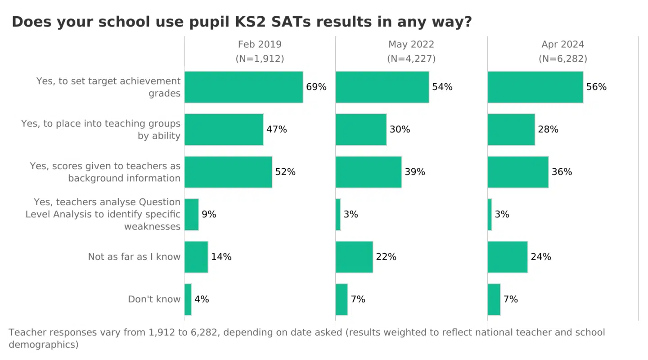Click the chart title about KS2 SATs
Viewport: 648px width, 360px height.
[242, 22]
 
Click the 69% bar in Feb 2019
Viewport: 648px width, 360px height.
[243, 87]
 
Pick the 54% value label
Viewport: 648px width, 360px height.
[442, 87]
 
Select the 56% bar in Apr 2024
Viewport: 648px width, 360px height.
[535, 87]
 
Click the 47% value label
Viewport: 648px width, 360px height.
[276, 130]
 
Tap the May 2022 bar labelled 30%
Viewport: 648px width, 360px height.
[361, 130]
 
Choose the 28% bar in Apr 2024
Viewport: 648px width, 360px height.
[511, 130]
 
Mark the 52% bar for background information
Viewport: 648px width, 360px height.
[228, 172]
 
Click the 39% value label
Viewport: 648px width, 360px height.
[415, 172]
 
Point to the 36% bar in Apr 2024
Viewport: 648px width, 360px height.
[518, 172]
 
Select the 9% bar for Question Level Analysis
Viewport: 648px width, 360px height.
[192, 214]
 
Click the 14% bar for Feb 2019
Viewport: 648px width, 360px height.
[196, 257]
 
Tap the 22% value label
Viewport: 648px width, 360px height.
[386, 257]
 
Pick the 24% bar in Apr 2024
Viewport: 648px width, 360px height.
[508, 257]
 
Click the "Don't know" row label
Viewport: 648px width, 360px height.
[154, 299]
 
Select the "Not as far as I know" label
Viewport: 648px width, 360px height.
[134, 257]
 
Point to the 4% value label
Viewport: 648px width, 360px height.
[202, 299]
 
